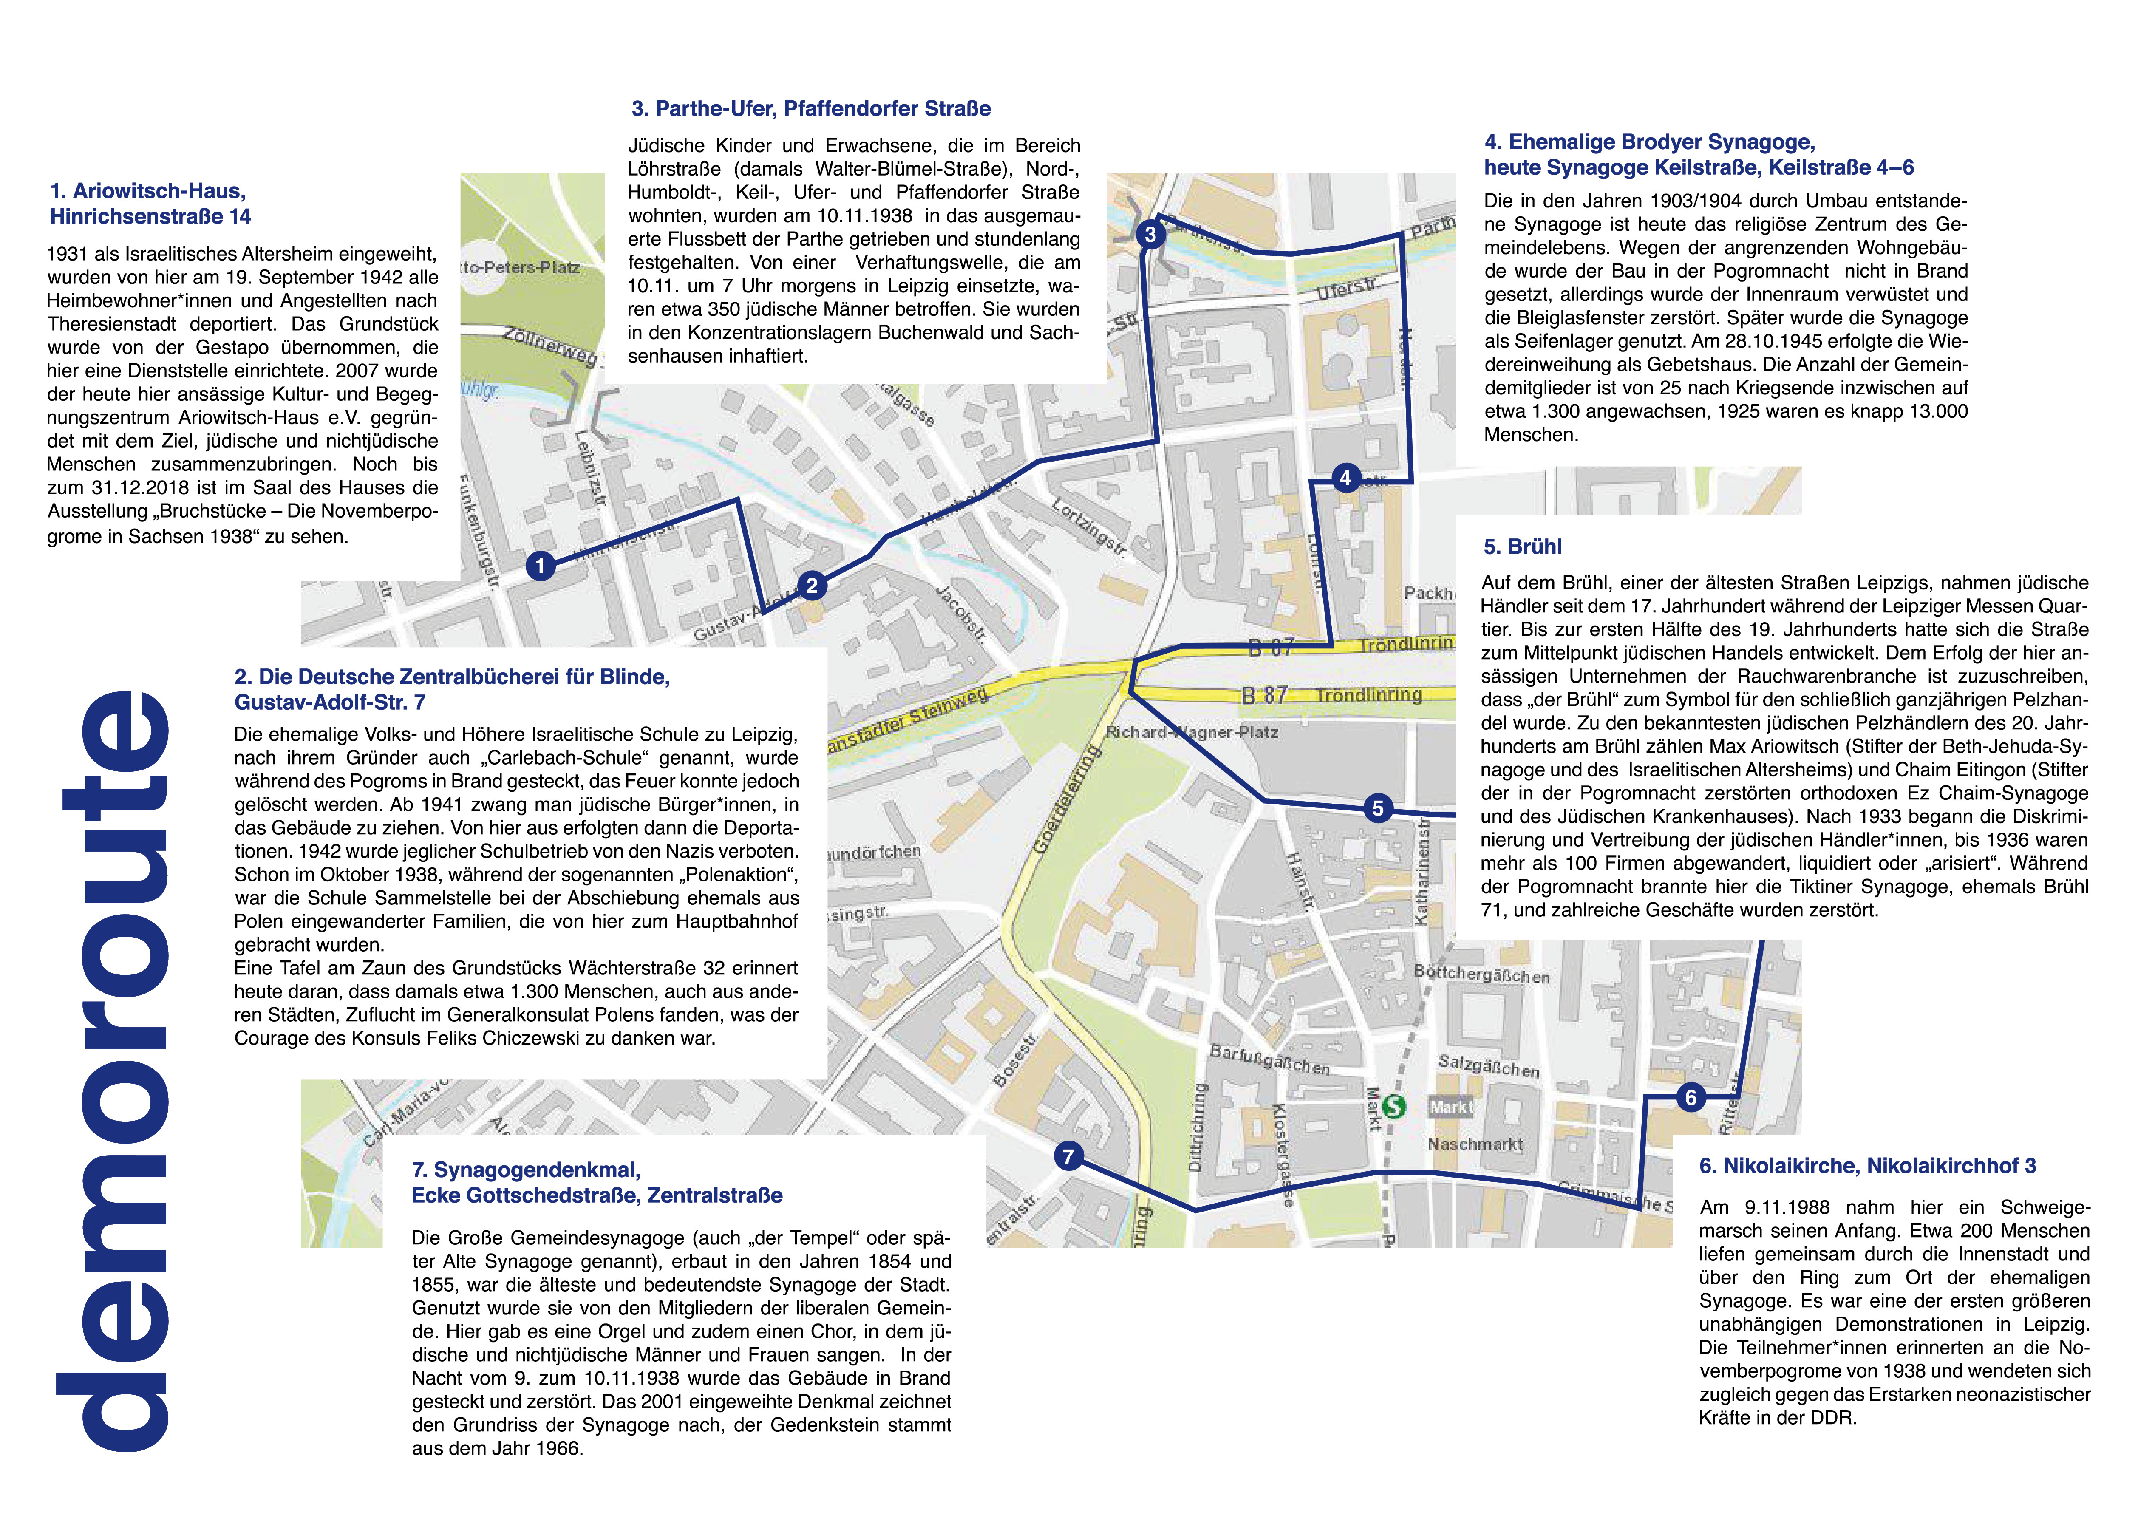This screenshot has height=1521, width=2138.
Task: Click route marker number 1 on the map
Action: [541, 566]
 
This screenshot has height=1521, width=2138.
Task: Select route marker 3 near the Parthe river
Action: [1150, 234]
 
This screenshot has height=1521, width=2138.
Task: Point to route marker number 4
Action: [1346, 479]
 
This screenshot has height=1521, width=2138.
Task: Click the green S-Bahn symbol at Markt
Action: [1394, 1106]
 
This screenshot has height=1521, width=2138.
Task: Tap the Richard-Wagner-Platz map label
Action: [1191, 731]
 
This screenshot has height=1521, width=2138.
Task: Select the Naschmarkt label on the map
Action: [1475, 1144]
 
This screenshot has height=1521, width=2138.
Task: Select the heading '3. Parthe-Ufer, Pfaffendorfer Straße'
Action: [811, 109]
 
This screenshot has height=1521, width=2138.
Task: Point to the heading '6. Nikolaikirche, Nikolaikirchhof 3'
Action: [1867, 1166]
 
